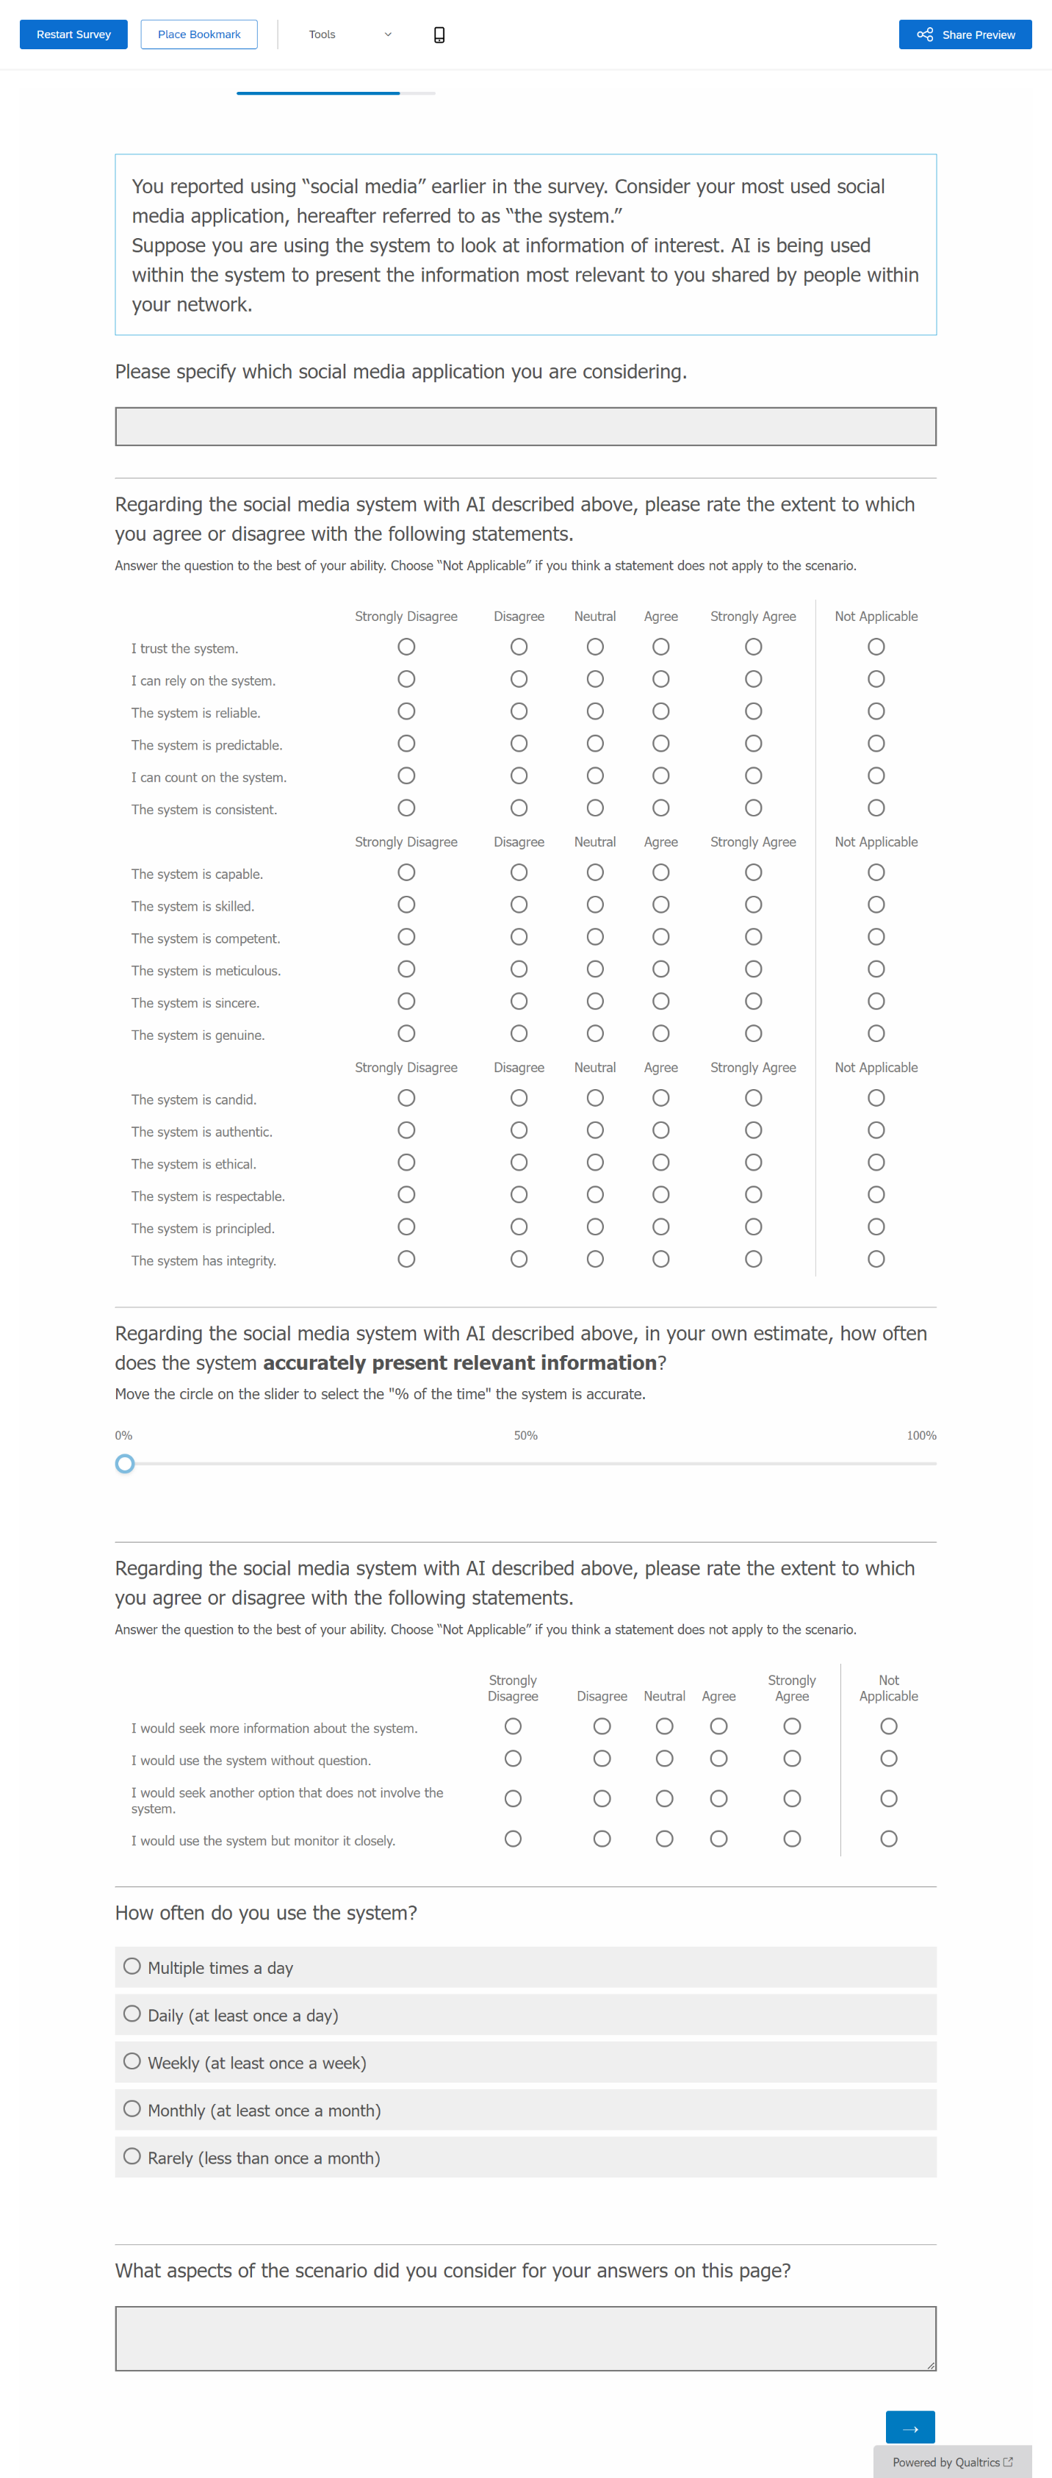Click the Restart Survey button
click(x=73, y=35)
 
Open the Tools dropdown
click(x=349, y=35)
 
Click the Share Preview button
click(x=965, y=35)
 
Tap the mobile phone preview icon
click(x=439, y=35)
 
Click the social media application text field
click(x=525, y=426)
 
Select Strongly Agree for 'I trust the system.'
click(x=753, y=647)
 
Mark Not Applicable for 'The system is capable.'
click(x=876, y=872)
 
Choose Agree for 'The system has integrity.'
click(x=660, y=1259)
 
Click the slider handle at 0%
click(x=125, y=1464)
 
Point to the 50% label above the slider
click(x=525, y=1435)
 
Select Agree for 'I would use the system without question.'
click(x=718, y=1759)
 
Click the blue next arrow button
click(x=909, y=2427)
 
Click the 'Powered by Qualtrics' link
click(x=952, y=2462)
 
